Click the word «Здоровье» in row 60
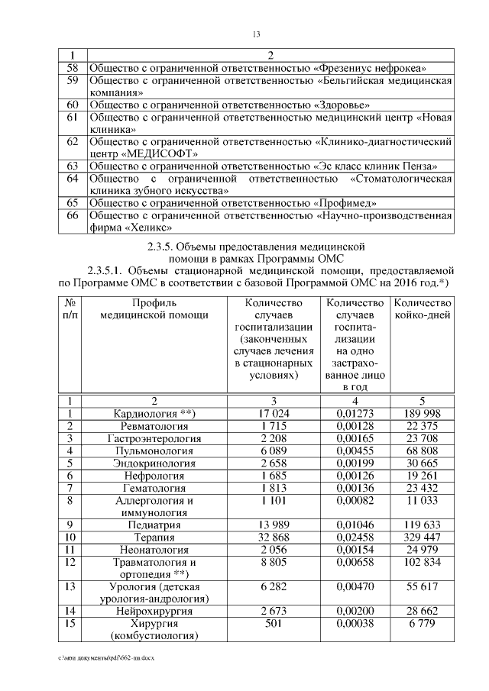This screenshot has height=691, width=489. [x=342, y=104]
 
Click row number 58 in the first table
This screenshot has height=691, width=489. [x=73, y=67]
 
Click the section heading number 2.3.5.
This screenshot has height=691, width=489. [x=163, y=247]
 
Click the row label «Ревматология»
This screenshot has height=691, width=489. [x=154, y=426]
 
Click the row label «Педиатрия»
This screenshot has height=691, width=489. [x=154, y=525]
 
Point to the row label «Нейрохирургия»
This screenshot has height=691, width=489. [x=154, y=612]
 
